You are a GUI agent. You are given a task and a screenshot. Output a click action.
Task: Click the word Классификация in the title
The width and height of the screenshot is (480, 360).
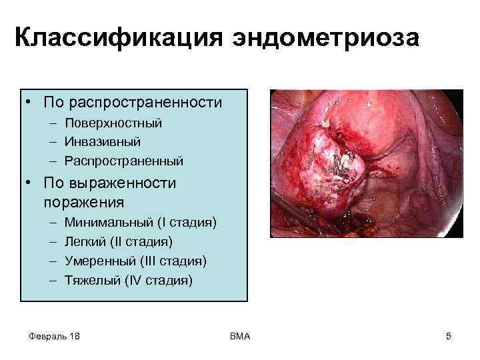117,38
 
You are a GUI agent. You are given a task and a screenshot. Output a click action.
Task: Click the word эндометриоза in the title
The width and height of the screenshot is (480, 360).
326,38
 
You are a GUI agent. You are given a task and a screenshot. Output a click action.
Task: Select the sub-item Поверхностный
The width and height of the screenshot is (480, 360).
113,123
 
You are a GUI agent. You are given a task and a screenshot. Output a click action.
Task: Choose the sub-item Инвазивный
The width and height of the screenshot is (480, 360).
103,142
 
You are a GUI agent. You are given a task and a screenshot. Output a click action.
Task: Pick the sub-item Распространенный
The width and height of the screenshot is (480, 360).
124,161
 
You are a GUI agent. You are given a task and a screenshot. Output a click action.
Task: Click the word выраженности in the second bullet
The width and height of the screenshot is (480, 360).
121,183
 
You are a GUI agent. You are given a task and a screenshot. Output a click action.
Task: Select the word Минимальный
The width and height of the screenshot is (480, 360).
105,222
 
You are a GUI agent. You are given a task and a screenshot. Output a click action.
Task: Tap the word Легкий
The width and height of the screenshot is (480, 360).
84,241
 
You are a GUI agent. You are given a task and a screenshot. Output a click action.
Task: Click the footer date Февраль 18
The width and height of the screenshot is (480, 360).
55,336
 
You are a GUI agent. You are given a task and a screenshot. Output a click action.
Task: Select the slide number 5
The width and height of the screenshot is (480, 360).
449,336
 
